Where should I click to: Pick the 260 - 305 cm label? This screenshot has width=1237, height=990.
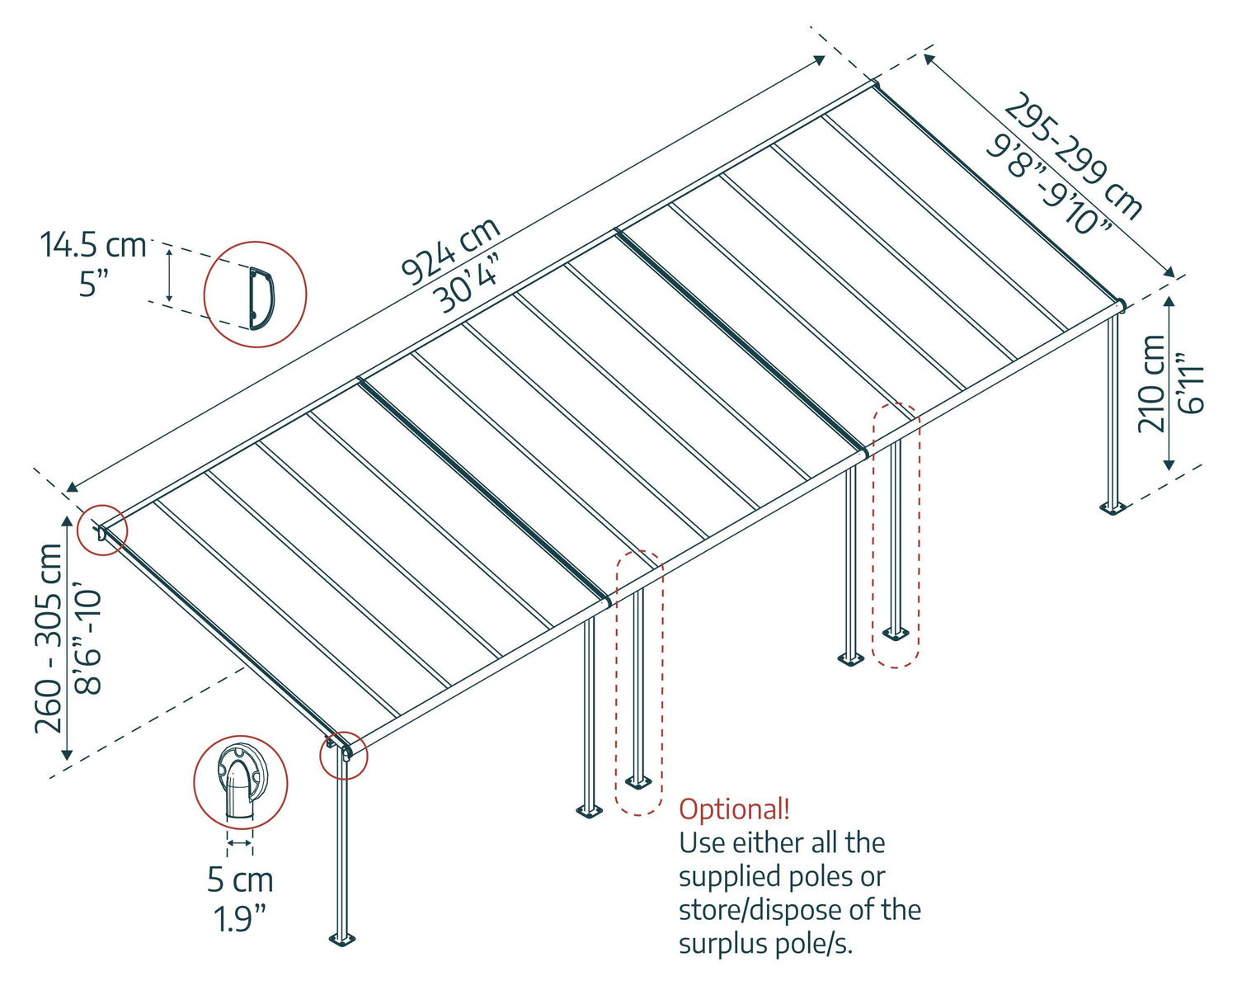49,637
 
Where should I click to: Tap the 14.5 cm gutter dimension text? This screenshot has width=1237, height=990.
93,245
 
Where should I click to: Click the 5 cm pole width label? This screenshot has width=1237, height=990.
240,879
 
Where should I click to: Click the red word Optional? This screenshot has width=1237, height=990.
734,808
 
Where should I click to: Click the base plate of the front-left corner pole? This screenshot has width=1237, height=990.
341,938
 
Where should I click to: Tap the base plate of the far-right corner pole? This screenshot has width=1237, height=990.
1112,507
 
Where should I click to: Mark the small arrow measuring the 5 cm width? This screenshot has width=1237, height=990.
240,842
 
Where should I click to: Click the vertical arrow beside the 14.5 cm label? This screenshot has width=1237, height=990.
169,275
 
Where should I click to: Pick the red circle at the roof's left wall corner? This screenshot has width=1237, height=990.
102,530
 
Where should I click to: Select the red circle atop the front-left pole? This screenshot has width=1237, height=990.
344,755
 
